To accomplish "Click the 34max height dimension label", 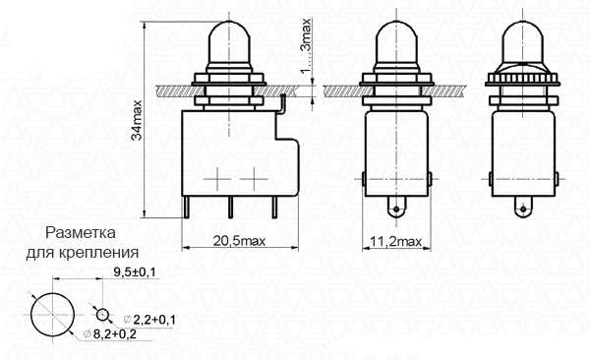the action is (137, 120).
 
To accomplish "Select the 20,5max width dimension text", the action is (239, 241).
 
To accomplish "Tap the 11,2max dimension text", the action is (396, 241).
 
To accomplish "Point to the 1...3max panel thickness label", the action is (307, 45).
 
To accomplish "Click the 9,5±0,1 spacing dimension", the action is (135, 271).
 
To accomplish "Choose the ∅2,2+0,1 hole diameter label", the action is (149, 320).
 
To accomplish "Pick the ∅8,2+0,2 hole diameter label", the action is (110, 333).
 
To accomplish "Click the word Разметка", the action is (81, 233).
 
